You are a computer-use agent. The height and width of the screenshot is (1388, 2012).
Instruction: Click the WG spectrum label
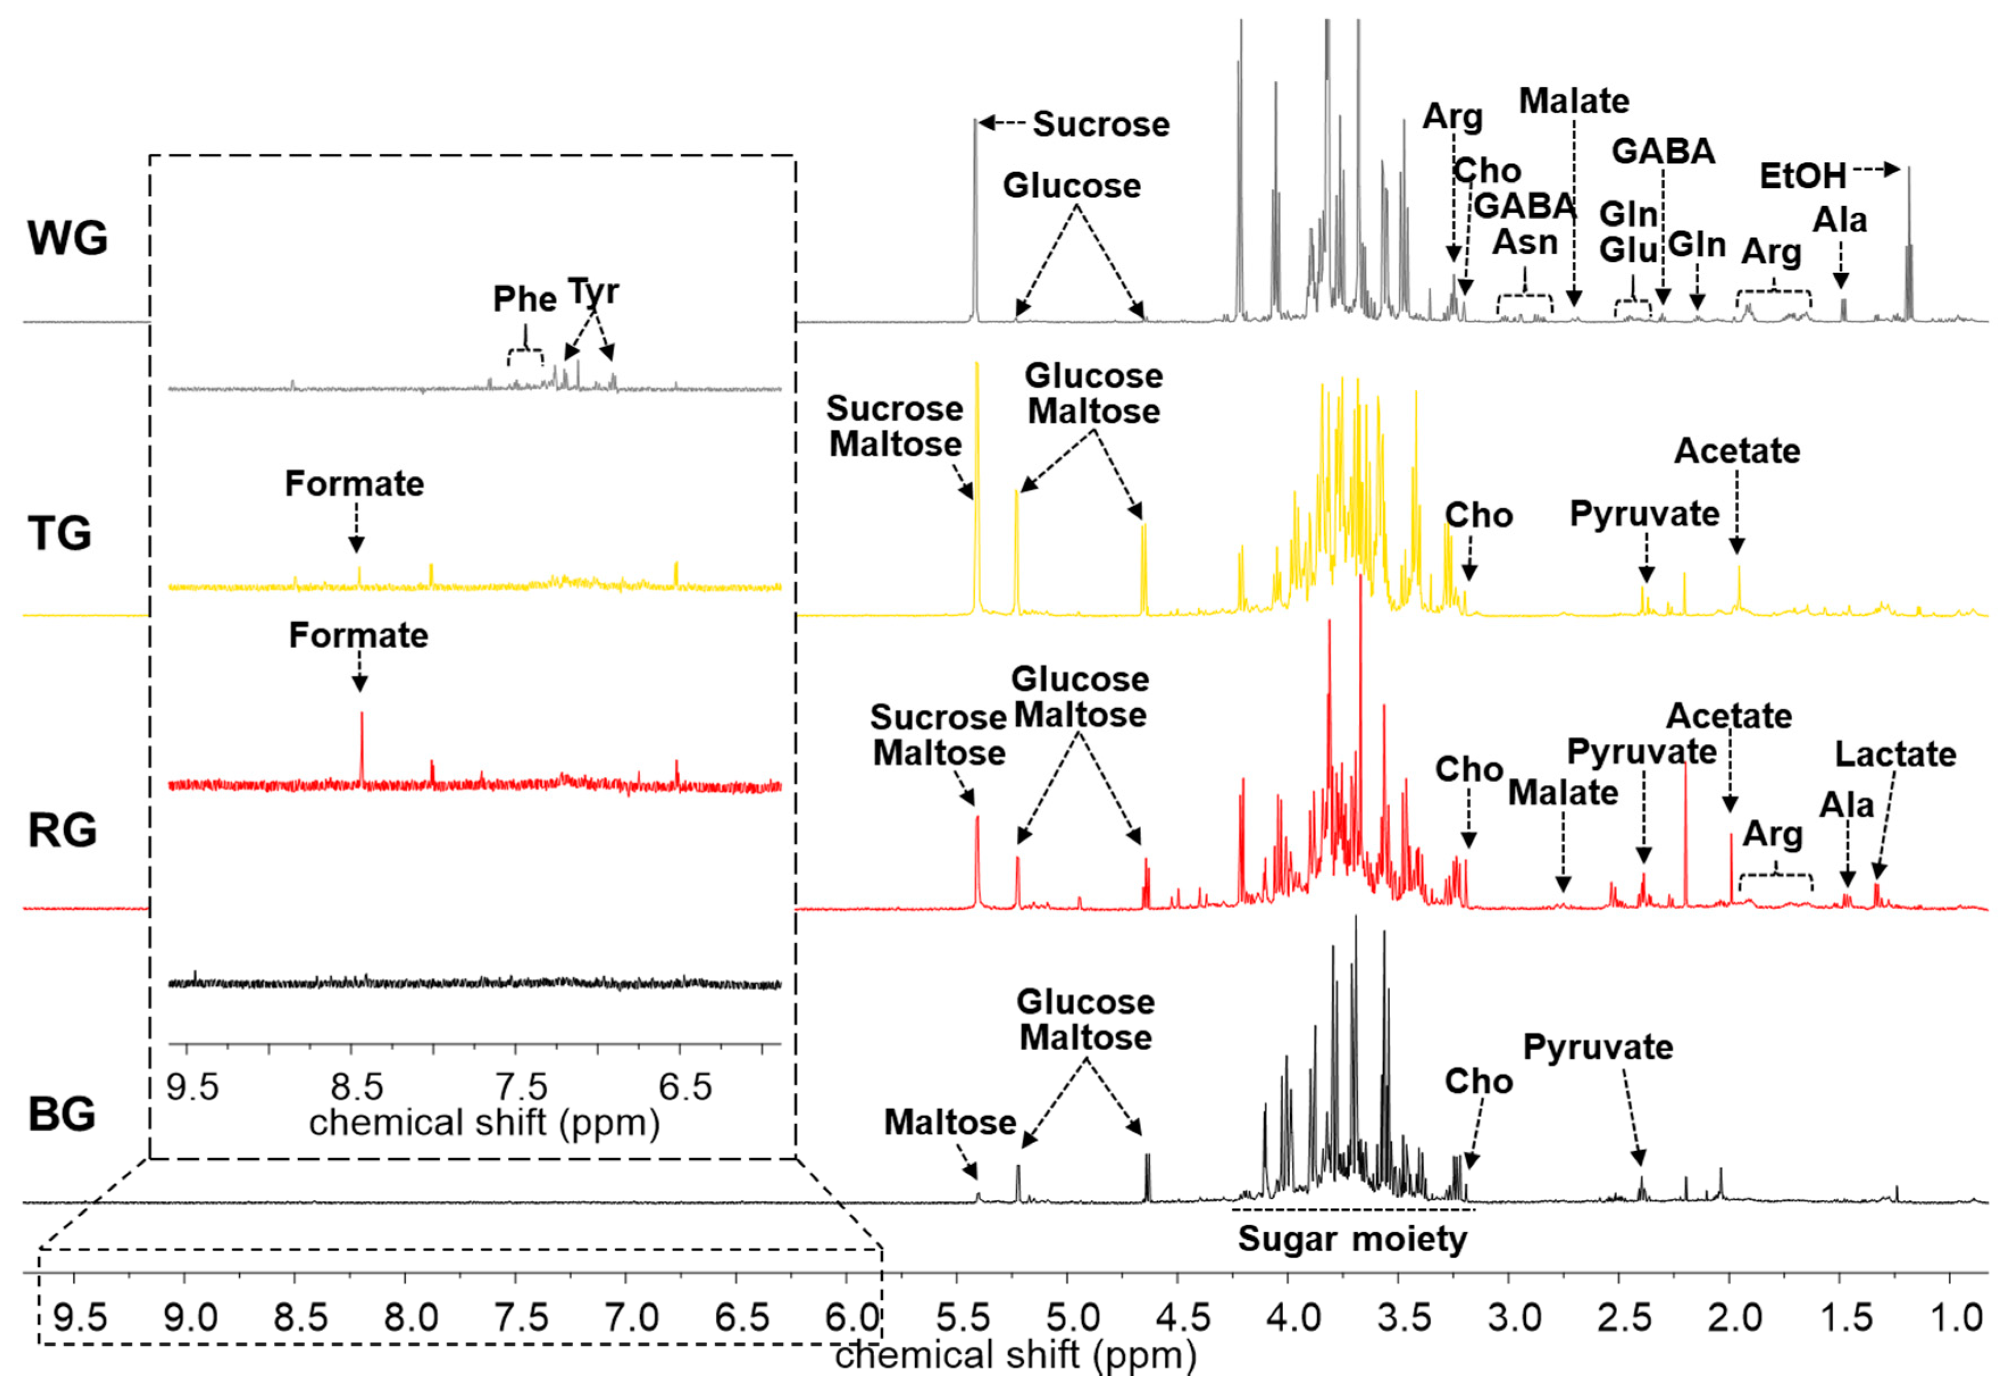pyautogui.click(x=68, y=237)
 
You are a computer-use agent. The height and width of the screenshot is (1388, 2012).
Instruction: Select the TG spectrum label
pyautogui.click(x=59, y=533)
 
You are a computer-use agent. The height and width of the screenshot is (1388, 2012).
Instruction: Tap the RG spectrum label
pyautogui.click(x=62, y=830)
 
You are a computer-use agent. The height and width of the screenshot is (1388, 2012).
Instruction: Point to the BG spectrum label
pyautogui.click(x=61, y=1114)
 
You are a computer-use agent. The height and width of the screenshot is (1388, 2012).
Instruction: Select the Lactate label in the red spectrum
pyautogui.click(x=1894, y=754)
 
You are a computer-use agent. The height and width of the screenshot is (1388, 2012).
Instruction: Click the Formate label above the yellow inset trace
pyautogui.click(x=354, y=483)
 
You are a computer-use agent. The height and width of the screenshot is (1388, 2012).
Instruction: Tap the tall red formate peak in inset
pyautogui.click(x=361, y=739)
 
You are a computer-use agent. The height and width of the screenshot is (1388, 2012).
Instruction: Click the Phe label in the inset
pyautogui.click(x=524, y=299)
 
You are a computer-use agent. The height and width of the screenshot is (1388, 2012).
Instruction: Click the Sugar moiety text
pyautogui.click(x=1352, y=1239)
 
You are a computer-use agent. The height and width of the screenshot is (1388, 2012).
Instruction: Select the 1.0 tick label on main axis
pyautogui.click(x=1955, y=1318)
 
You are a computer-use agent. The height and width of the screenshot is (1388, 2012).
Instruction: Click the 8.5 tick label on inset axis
pyautogui.click(x=357, y=1087)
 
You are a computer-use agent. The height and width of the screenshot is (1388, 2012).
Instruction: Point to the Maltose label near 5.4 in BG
pyautogui.click(x=950, y=1123)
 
